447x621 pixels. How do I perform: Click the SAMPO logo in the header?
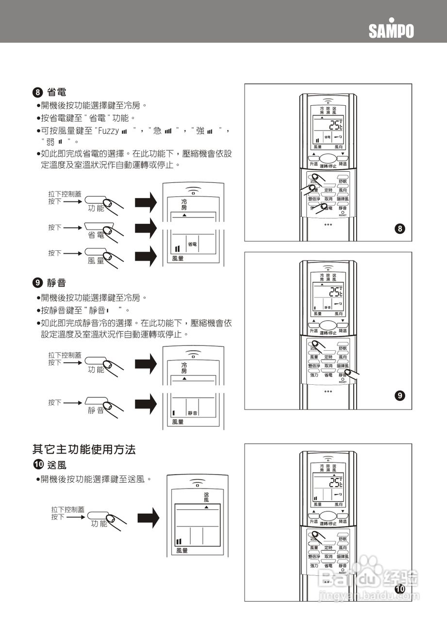point(391,31)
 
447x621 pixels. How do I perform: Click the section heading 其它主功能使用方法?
point(84,449)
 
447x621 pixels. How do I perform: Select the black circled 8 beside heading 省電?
point(37,92)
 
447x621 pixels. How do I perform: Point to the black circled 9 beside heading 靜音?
point(37,283)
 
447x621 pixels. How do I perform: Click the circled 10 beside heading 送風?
point(37,465)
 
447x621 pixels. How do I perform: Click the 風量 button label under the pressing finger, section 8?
point(96,261)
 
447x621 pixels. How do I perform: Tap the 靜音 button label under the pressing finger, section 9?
point(96,410)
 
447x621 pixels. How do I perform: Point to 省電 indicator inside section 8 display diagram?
point(192,244)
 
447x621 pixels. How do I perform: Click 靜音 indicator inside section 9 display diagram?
point(192,413)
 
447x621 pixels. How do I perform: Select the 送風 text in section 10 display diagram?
point(206,497)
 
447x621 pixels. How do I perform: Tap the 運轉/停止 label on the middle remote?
point(328,333)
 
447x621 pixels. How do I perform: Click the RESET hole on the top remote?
point(343,212)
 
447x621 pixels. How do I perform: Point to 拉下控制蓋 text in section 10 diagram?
point(67,510)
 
